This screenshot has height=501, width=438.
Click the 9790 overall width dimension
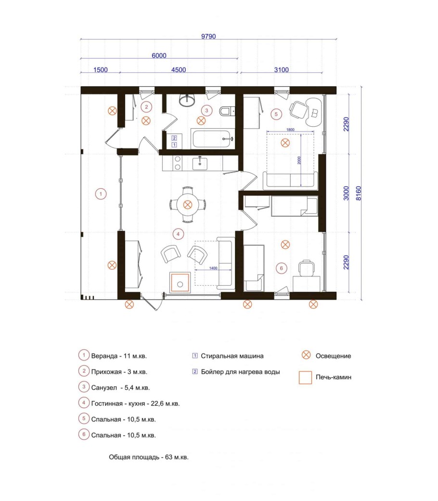tap(208, 37)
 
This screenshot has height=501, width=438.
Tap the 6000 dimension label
tap(159, 55)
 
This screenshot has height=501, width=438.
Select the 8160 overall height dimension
tap(359, 193)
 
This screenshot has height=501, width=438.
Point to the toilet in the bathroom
tap(227, 111)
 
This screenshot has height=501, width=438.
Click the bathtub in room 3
tap(213, 139)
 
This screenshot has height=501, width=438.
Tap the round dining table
tap(188, 204)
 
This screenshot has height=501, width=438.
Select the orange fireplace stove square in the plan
tap(180, 282)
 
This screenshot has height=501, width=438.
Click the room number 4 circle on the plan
tap(178, 234)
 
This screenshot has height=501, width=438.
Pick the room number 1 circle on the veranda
tap(101, 194)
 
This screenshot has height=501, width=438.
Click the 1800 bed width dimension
tap(290, 130)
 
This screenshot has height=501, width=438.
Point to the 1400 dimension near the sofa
tap(213, 268)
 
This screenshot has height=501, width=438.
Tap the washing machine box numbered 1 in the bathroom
tap(174, 145)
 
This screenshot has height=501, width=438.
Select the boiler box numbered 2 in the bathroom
tap(174, 138)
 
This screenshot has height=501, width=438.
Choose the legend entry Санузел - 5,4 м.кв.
tap(120, 388)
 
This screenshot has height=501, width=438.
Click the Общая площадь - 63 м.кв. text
tap(149, 457)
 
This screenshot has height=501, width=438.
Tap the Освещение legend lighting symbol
tap(306, 355)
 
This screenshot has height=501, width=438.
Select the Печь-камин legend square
tap(305, 377)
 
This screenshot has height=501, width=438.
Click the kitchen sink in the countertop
tap(200, 164)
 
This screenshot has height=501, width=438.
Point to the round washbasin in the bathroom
tap(187, 101)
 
